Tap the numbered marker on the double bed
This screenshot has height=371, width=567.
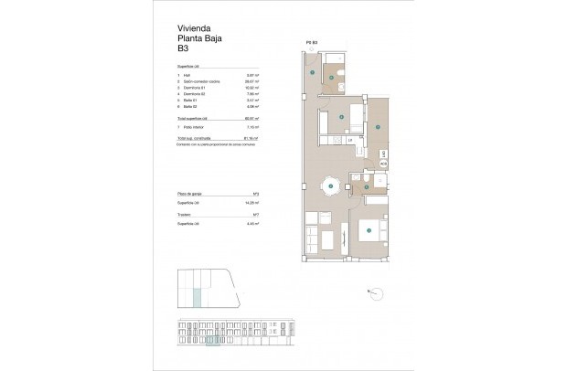tap(368, 230)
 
